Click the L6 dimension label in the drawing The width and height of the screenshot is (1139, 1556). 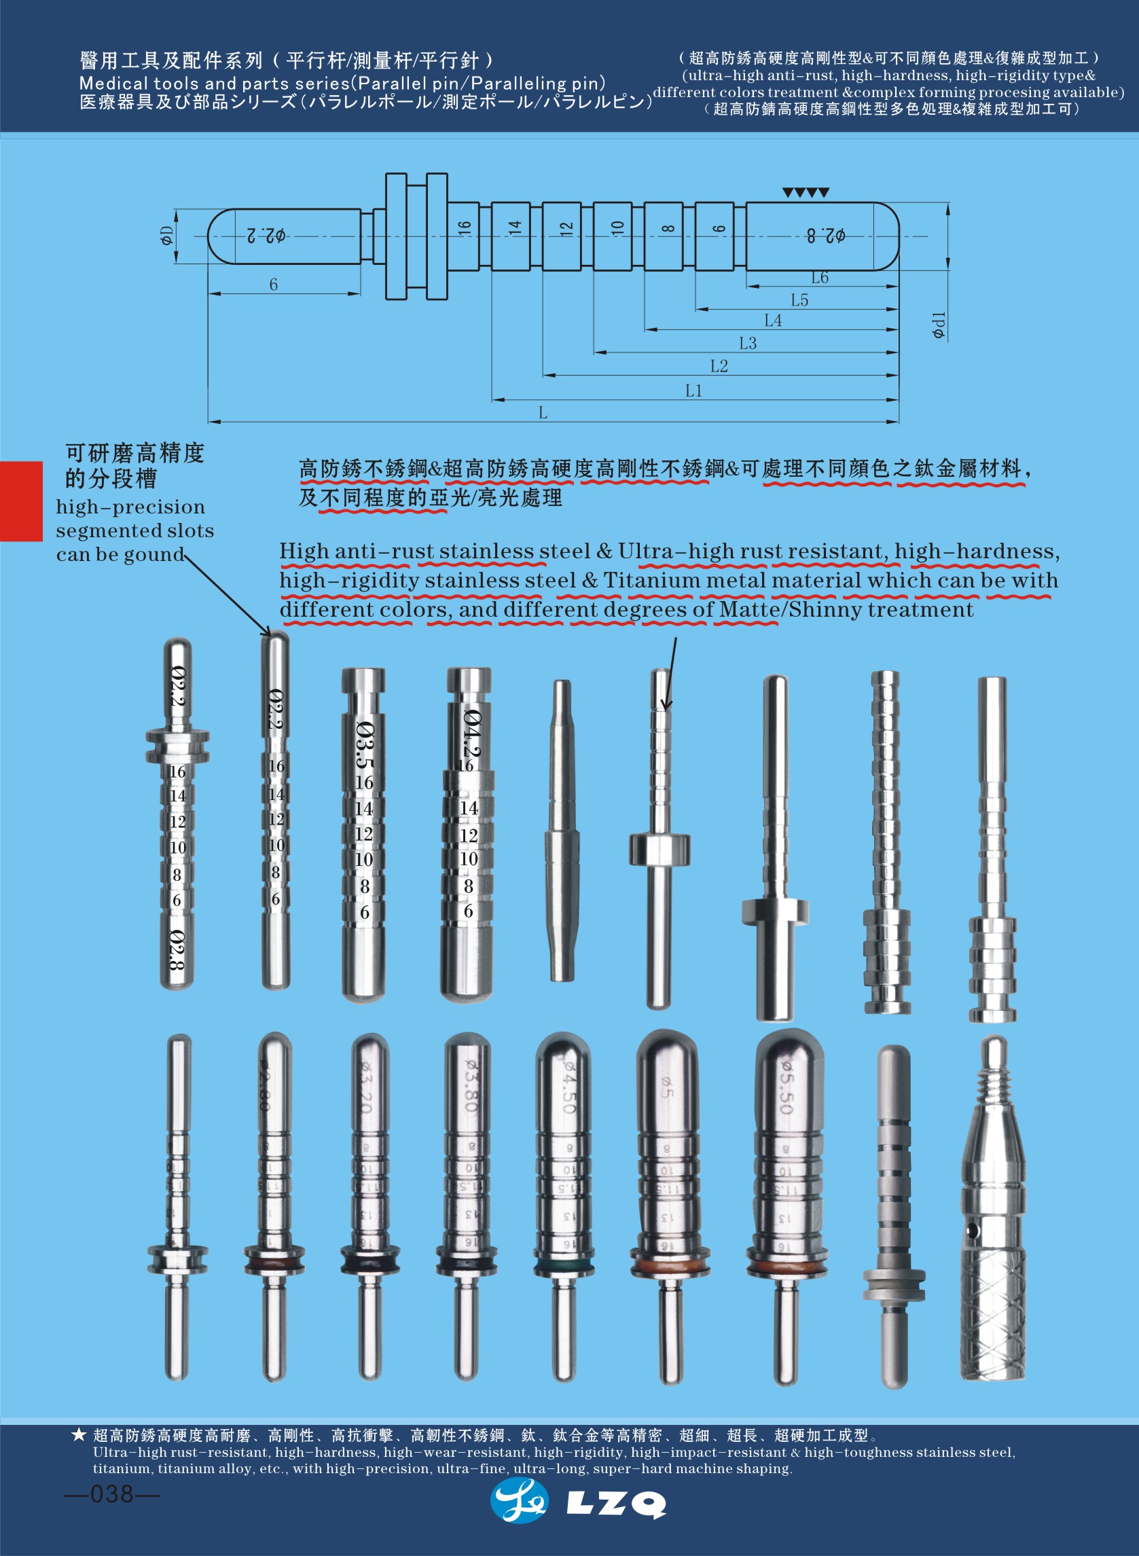819,278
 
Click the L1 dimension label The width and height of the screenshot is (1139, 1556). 693,391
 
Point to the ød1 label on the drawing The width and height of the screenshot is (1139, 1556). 939,325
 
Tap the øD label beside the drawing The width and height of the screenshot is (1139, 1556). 166,236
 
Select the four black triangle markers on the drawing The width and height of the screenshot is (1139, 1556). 806,193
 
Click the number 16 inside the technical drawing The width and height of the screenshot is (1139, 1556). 464,227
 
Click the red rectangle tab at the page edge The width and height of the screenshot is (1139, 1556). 20,501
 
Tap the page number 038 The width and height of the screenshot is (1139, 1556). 111,1494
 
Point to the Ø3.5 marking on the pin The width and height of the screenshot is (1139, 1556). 365,744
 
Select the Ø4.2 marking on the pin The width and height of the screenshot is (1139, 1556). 471,733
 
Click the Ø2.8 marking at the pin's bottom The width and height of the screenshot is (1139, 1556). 177,949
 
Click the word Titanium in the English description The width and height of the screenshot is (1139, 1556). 651,581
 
